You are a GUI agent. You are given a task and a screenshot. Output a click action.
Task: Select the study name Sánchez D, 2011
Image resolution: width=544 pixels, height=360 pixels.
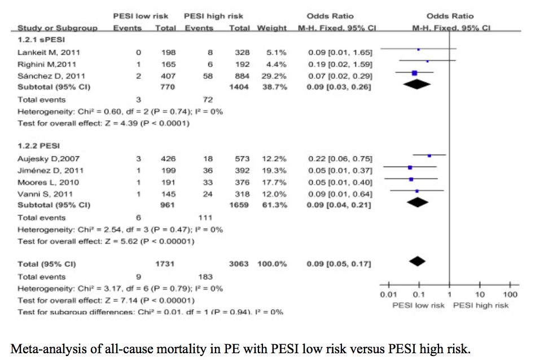click(45, 76)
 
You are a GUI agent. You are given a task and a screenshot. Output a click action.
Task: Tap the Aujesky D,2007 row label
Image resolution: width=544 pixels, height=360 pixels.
click(44, 159)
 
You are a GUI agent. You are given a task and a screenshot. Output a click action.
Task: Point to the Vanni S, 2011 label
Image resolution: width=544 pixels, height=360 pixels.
click(41, 194)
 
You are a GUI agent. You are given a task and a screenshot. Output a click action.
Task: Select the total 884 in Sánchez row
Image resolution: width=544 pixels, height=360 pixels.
click(242, 76)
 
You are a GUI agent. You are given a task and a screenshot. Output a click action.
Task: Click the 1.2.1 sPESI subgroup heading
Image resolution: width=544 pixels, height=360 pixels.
click(38, 41)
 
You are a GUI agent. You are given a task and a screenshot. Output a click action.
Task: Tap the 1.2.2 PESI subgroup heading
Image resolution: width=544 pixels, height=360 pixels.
click(36, 146)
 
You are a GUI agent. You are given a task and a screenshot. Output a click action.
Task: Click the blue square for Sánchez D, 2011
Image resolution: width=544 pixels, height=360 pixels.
click(415, 72)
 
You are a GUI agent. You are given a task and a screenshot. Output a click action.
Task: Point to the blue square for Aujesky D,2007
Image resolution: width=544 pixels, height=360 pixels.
click(429, 155)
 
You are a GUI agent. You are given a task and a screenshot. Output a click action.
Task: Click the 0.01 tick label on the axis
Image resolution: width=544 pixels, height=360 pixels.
click(388, 295)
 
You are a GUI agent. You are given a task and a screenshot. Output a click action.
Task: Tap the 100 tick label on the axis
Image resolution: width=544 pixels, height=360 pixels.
click(510, 295)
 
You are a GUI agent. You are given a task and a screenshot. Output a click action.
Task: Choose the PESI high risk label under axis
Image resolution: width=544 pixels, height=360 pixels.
click(481, 305)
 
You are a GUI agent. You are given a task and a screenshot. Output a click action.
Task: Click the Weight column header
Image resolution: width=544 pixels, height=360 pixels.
click(271, 28)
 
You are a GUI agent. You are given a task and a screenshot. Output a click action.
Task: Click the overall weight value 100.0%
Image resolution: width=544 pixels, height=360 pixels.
click(273, 264)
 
